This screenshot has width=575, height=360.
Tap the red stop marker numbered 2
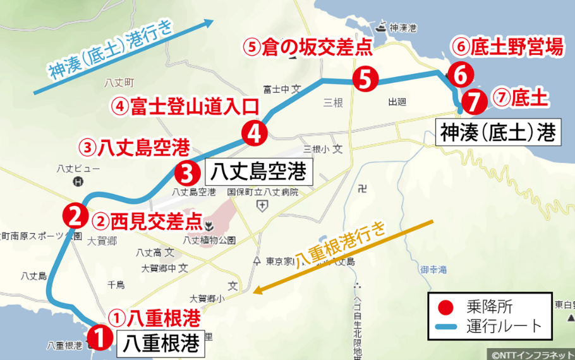[74, 216]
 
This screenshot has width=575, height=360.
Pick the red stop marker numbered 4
[254, 133]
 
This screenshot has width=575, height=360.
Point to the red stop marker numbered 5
[365, 78]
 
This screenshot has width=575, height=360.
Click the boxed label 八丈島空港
[258, 171]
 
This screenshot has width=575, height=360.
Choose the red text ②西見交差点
[147, 221]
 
